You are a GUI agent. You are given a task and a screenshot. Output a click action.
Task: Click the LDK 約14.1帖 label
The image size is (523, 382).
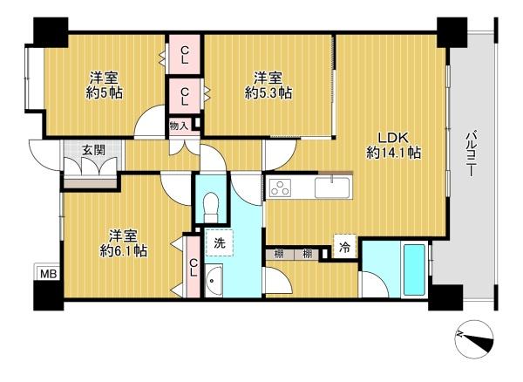(393, 146)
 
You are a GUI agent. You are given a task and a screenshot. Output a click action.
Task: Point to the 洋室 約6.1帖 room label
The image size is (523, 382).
(124, 243)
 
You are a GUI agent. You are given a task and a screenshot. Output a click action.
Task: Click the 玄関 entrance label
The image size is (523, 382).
(93, 150)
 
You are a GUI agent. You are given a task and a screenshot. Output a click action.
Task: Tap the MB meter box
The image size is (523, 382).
(48, 274)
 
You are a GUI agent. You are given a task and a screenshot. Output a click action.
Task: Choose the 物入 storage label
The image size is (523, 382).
(179, 126)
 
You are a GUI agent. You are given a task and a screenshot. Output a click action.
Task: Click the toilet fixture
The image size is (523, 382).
(211, 207)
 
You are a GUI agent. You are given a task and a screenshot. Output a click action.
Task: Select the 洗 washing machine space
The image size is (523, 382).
(219, 242)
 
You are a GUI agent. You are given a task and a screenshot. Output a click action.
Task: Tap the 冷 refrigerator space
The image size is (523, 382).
(344, 247)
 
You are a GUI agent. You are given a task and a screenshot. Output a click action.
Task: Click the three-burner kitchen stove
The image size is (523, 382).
(280, 188)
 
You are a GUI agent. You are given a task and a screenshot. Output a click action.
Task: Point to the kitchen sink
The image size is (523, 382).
(332, 188)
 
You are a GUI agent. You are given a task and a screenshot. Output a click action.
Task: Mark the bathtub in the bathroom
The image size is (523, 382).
(414, 270)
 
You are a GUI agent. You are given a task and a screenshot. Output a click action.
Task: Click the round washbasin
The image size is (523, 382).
(214, 280)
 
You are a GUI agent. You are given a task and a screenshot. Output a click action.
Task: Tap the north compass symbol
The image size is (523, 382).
(474, 339)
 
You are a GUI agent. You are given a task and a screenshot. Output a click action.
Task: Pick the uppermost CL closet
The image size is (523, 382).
(185, 55)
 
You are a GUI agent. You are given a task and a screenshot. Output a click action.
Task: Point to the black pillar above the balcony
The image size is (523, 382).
(452, 32)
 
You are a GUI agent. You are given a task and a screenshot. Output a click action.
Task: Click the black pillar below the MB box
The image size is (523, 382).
(48, 296)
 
